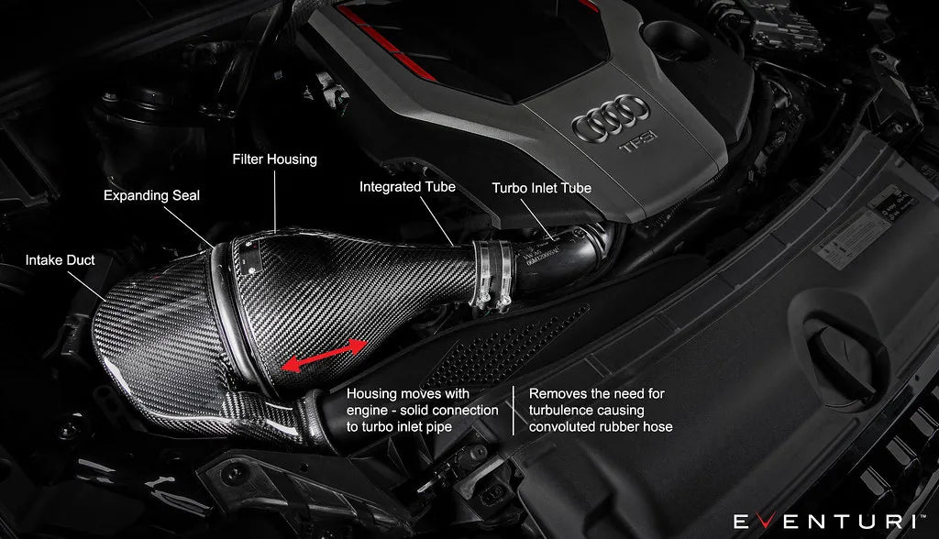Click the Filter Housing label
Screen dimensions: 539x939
click(273, 159)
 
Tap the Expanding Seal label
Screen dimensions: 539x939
click(151, 195)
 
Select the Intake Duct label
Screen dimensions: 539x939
click(61, 260)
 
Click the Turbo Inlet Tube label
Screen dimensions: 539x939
click(541, 188)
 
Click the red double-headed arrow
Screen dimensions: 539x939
click(320, 355)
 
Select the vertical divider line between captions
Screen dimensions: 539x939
click(514, 410)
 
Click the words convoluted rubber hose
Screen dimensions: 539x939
click(601, 427)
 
